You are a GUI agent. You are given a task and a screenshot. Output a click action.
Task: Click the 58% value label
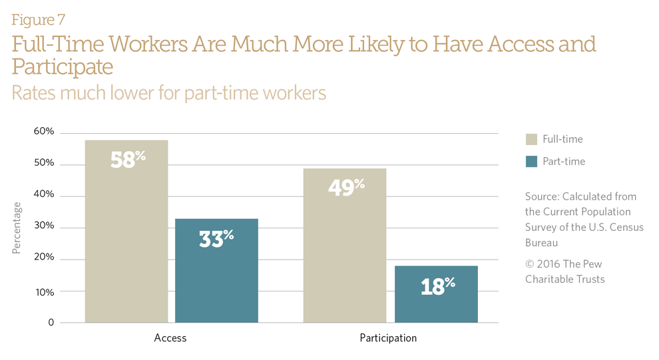[x=127, y=160]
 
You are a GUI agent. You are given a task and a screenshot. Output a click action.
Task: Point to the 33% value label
[x=216, y=238]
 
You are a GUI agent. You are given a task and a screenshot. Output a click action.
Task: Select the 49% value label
[x=345, y=187]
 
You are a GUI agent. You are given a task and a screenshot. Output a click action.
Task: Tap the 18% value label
[x=437, y=285]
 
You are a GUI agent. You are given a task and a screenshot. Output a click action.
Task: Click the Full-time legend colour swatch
[x=531, y=139]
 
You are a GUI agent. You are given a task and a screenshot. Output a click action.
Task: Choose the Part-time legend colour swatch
[x=531, y=161]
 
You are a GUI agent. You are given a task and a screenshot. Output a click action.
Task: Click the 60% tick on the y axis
[x=44, y=132]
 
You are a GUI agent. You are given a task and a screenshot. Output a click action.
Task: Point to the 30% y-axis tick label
[x=44, y=228]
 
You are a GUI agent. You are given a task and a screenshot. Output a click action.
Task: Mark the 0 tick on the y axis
[x=51, y=323]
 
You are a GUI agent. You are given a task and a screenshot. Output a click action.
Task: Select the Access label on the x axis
[x=170, y=338]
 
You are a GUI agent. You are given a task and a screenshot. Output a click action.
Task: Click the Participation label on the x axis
[x=388, y=338]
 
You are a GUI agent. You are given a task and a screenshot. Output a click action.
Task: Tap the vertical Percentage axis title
[x=17, y=228]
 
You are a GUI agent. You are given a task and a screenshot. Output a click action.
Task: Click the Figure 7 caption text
[x=38, y=20]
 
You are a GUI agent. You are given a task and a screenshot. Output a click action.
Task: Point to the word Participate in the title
[x=62, y=67]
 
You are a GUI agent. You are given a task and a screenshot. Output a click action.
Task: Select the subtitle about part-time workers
[x=169, y=92]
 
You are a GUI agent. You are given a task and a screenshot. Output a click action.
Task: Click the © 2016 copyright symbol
[x=529, y=264]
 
